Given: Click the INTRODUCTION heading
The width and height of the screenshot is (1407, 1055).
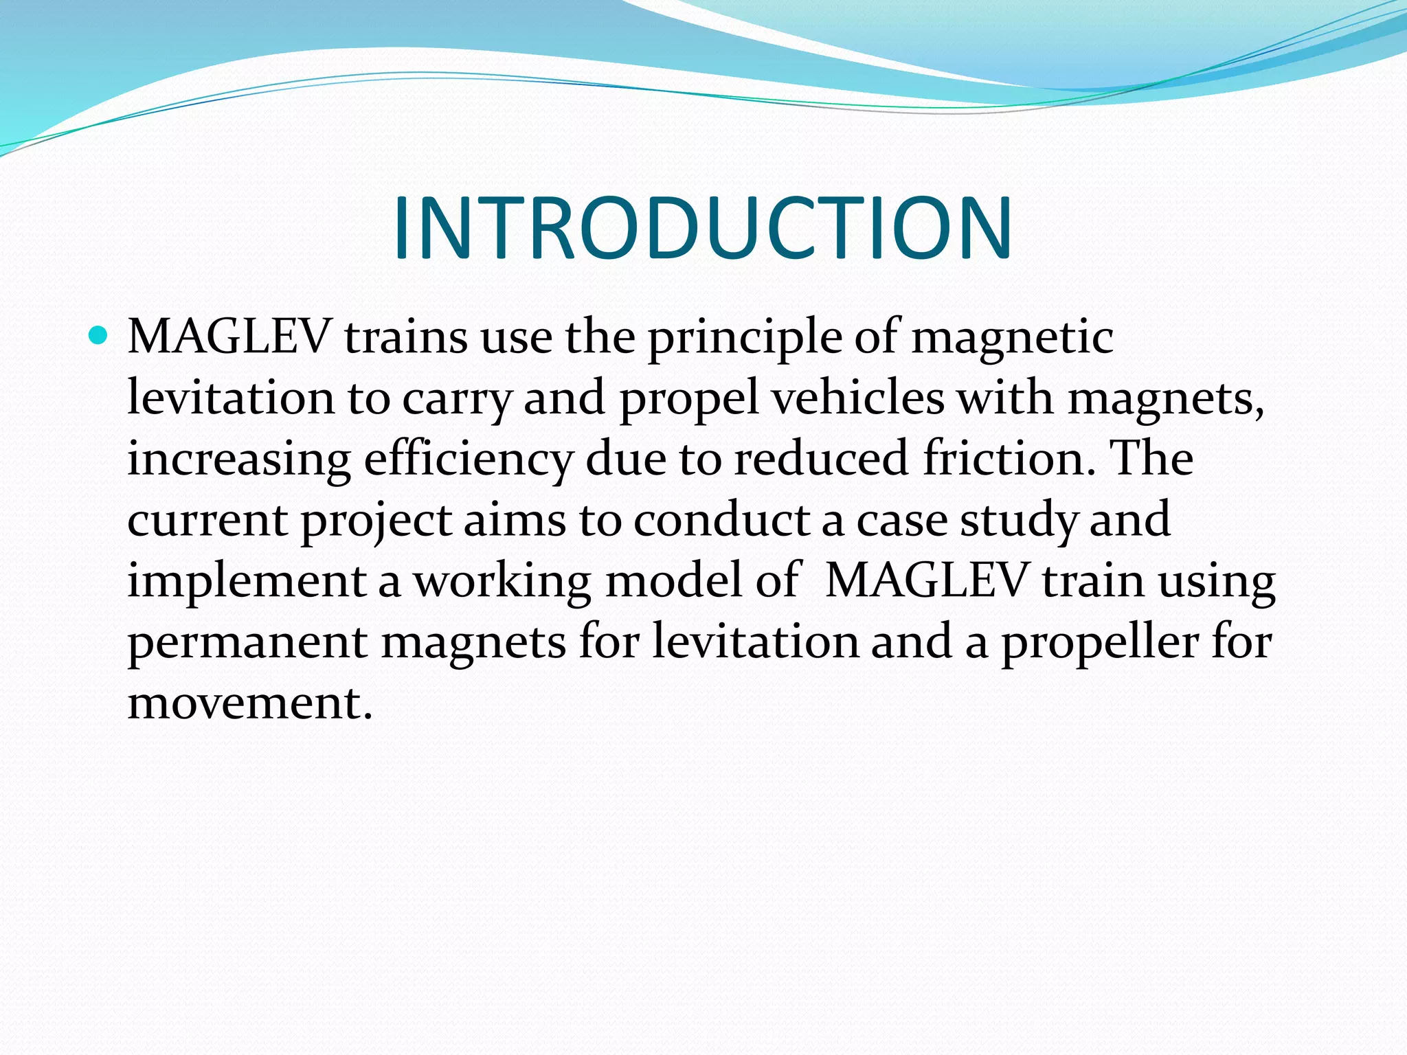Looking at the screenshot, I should (702, 228).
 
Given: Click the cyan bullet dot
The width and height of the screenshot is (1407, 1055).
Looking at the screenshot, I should (99, 336).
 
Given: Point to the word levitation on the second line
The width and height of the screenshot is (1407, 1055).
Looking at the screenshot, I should (231, 398).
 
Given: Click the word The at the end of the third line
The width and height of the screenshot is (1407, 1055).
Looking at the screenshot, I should (1151, 459).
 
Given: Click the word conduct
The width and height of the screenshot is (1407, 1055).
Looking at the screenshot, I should (721, 520).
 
